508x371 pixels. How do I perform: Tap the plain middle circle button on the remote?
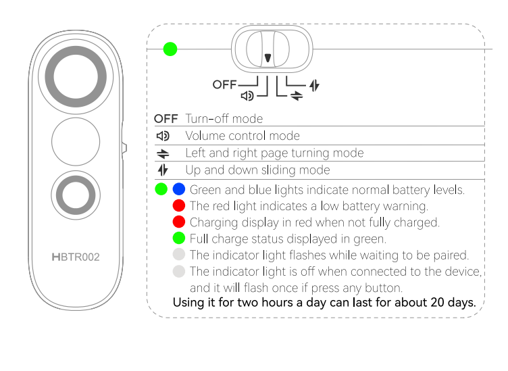tap(76, 141)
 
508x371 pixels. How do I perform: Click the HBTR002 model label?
tap(76, 257)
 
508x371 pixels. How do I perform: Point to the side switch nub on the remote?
tap(124, 147)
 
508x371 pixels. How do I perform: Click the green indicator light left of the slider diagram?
tap(170, 49)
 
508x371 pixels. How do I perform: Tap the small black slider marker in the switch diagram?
tap(268, 57)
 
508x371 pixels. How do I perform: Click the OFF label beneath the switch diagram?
tap(225, 84)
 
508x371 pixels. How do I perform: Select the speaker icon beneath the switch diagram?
tap(248, 96)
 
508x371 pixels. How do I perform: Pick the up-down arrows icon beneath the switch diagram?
tap(313, 86)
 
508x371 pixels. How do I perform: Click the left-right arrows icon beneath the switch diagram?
tap(297, 96)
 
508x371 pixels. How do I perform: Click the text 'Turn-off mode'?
tap(224, 118)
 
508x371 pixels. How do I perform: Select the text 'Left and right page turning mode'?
tap(274, 153)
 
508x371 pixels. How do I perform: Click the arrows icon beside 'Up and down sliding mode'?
tap(163, 170)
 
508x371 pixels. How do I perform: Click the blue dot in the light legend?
tap(179, 189)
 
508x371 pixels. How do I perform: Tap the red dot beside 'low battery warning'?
tap(179, 205)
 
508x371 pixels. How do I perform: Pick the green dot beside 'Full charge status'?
tap(179, 238)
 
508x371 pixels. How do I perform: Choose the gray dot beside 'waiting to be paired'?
tap(179, 255)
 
